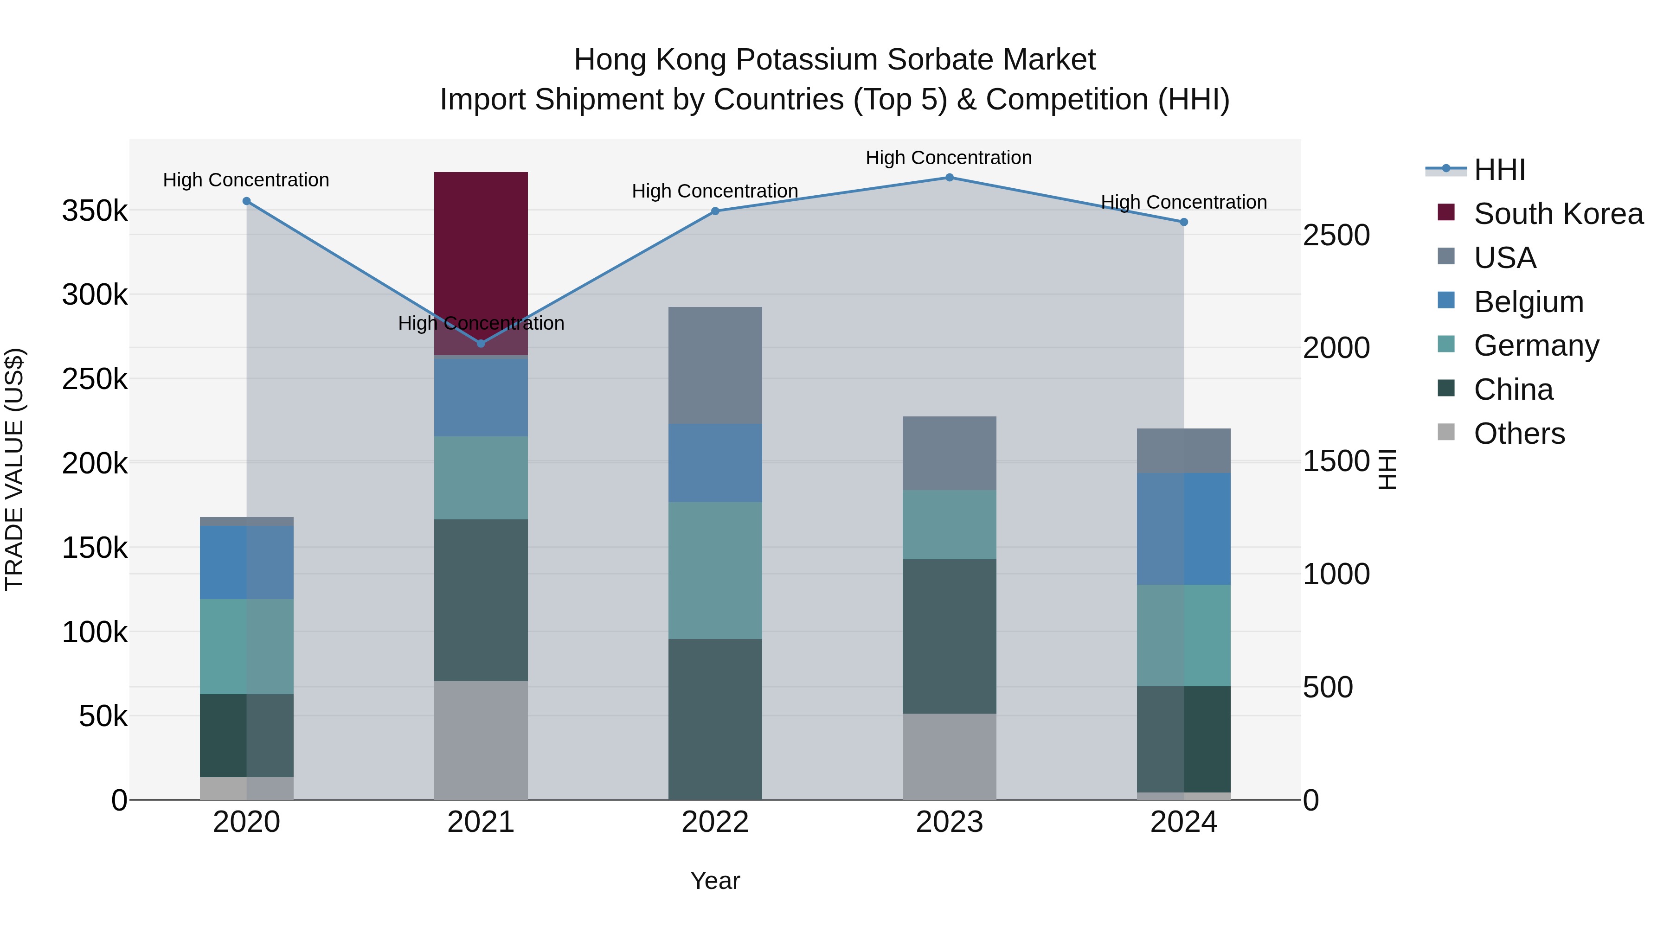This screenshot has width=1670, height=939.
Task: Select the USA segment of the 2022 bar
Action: click(x=715, y=365)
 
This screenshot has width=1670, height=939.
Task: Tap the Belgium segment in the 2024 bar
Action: click(x=1184, y=529)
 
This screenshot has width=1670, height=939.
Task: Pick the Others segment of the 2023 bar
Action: click(x=949, y=756)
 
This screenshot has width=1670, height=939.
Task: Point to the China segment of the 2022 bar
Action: click(x=715, y=719)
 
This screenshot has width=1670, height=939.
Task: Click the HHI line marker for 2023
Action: click(x=949, y=178)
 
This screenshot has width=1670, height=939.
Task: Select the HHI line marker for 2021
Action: click(x=481, y=344)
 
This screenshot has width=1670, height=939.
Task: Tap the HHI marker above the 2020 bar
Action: click(x=246, y=202)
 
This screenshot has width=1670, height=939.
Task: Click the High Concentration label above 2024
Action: click(x=1184, y=202)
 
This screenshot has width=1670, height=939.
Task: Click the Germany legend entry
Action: click(x=1536, y=345)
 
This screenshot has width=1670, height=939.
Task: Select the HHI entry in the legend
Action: click(x=1499, y=170)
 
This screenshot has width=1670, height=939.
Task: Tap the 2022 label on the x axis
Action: click(x=715, y=822)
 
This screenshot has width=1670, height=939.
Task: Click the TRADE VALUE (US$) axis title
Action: click(x=14, y=469)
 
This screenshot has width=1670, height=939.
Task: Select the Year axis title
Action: click(x=715, y=881)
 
